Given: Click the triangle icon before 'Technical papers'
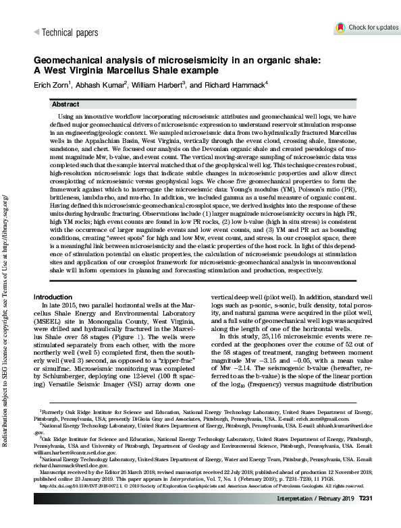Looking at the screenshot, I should pyautogui.click(x=36, y=32).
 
